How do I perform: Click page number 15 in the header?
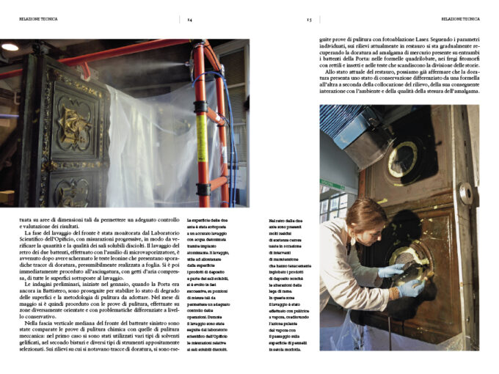coord(309,19)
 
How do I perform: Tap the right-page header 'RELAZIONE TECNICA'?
coord(460,19)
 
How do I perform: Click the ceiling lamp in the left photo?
coord(10,47)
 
